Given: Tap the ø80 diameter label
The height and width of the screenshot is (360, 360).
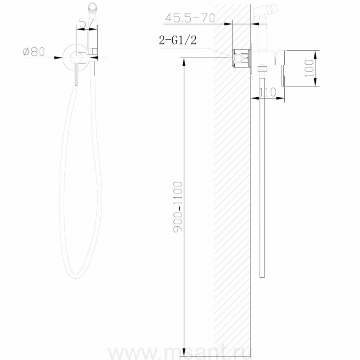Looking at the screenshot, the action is pos(34,52).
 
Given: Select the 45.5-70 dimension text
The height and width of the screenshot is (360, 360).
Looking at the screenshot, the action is pos(190,18).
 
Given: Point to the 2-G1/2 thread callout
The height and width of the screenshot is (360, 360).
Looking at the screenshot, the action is pos(178,40).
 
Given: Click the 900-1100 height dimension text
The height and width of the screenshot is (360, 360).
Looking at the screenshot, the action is pos(178,207).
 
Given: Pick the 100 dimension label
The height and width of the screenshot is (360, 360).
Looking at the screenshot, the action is pos(309,68).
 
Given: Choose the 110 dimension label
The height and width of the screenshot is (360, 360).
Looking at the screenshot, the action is pos(268,92).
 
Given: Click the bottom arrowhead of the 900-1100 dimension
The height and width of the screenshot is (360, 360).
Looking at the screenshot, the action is pos(184,353).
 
